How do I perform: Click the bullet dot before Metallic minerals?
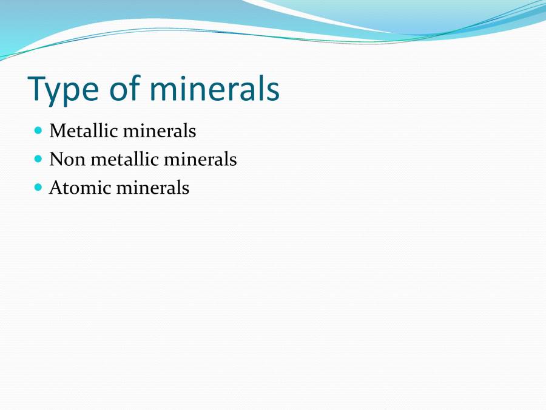click(x=39, y=130)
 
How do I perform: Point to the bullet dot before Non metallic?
click(x=39, y=159)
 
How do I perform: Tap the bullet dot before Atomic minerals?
click(x=39, y=187)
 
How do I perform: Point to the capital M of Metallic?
click(x=56, y=131)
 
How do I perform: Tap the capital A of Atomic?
click(x=55, y=188)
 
